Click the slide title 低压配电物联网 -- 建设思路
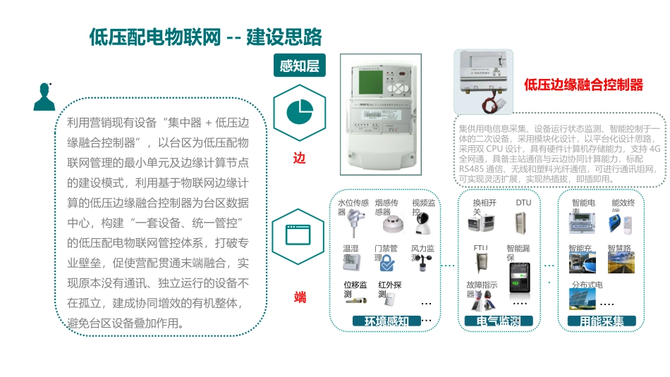pyautogui.click(x=205, y=37)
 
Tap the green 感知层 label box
pyautogui.click(x=299, y=66)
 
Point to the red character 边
pyautogui.click(x=300, y=159)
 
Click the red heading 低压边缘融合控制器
pyautogui.click(x=583, y=85)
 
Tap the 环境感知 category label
pyautogui.click(x=386, y=321)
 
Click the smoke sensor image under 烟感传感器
pyautogui.click(x=390, y=224)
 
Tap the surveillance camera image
pyautogui.click(x=423, y=226)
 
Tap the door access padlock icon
pyautogui.click(x=387, y=264)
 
